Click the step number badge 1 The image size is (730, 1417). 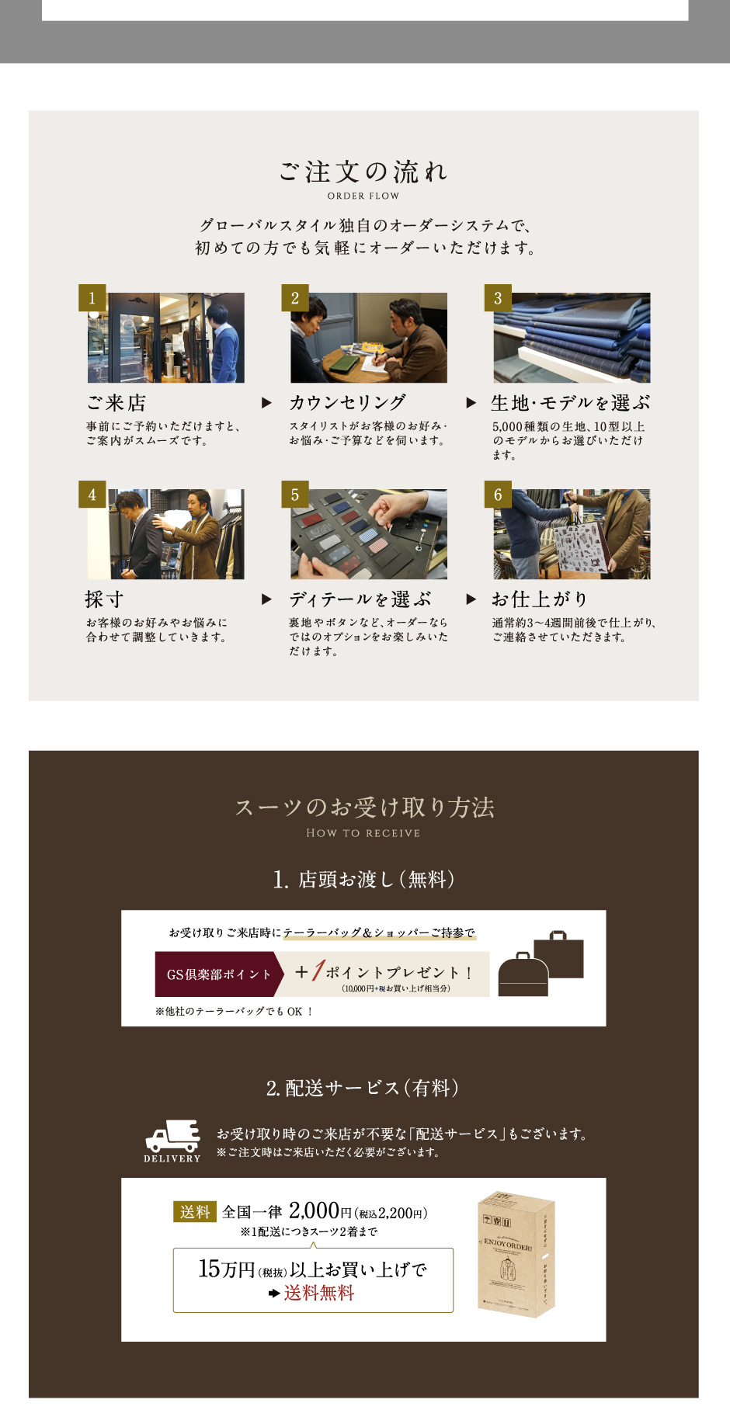[x=92, y=297]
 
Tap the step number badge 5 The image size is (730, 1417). [x=295, y=495]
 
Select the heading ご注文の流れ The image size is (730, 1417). [x=363, y=172]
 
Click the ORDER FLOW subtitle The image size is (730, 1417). [x=363, y=196]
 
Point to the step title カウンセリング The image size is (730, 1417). [x=347, y=402]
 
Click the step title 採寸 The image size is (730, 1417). [x=105, y=599]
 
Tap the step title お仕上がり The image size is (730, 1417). [x=539, y=599]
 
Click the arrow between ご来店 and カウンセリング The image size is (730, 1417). [x=266, y=402]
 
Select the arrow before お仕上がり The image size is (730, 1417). [x=471, y=599]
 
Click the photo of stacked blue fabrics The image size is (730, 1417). [x=572, y=338]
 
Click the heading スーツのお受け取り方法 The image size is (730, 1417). [x=364, y=807]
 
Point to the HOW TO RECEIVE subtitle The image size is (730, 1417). [x=363, y=833]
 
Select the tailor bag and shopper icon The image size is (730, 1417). [x=541, y=964]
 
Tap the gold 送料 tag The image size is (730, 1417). [x=195, y=1211]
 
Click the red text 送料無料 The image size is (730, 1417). [x=319, y=1293]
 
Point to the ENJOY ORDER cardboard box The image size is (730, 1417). [x=516, y=1255]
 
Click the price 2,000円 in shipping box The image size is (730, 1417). [x=320, y=1210]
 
